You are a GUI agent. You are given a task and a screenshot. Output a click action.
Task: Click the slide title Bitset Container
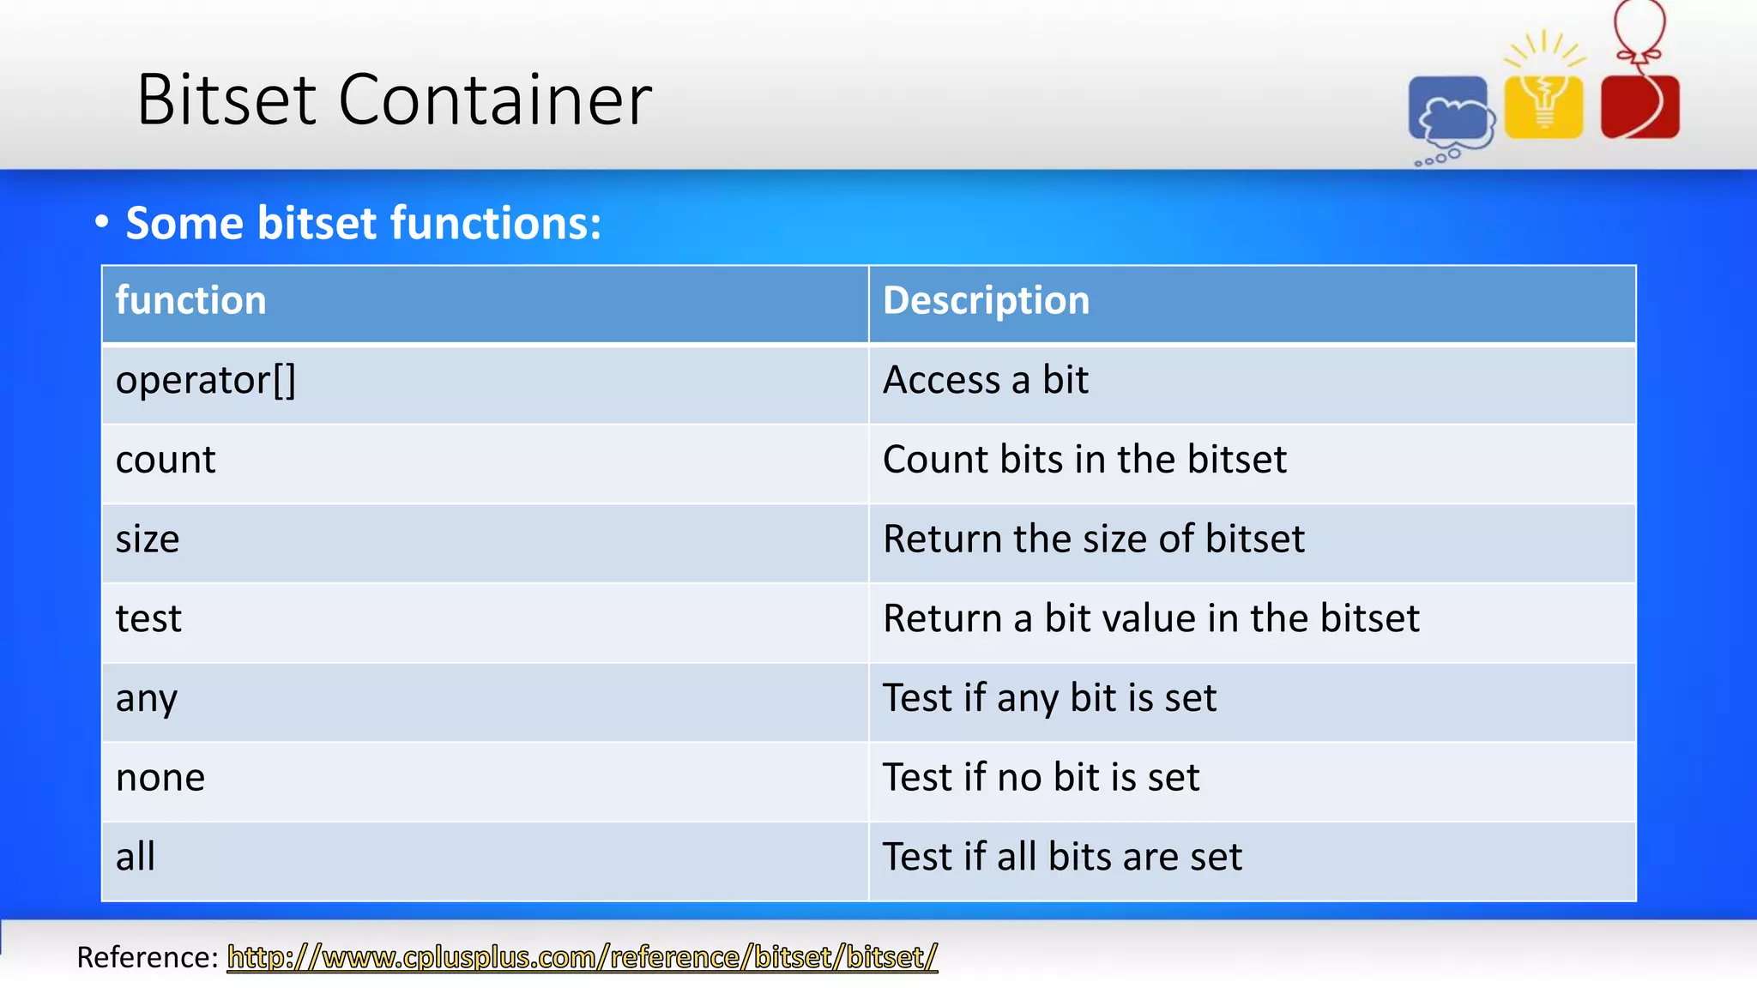tap(394, 100)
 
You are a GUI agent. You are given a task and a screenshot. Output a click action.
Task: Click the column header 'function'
tap(190, 301)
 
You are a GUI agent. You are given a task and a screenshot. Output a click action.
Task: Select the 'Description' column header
tap(986, 301)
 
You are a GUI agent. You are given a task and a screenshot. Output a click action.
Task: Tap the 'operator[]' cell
tap(206, 381)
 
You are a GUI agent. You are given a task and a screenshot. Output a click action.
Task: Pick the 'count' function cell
tap(166, 461)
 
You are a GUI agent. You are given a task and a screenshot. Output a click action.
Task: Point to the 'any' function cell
tap(147, 699)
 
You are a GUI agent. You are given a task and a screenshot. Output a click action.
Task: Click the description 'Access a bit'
tap(986, 381)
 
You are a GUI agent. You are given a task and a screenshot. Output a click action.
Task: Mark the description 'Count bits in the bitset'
tap(1084, 461)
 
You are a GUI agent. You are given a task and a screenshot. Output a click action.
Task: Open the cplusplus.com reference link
tap(583, 957)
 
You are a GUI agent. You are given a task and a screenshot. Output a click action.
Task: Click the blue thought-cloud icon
tap(1450, 111)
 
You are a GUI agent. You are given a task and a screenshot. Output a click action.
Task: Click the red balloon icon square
tap(1639, 106)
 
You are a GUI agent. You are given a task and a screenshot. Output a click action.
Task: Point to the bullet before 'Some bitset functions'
tap(102, 223)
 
